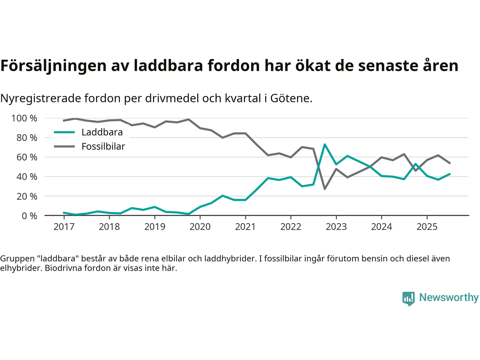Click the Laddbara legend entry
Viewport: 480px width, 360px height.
tap(102, 132)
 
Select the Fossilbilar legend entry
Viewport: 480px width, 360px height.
tap(103, 147)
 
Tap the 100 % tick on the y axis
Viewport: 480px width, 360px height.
tap(24, 118)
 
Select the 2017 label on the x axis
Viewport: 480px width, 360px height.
tap(64, 227)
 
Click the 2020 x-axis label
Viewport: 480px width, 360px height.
tap(200, 227)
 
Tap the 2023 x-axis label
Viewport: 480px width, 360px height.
tap(336, 227)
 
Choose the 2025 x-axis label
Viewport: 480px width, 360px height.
tap(427, 227)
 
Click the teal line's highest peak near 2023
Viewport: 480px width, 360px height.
tap(325, 144)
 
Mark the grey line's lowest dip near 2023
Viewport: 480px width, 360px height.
tap(325, 189)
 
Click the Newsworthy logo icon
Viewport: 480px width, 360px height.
tap(408, 298)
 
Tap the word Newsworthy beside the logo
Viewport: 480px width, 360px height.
tap(448, 298)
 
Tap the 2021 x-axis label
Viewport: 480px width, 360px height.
tap(245, 227)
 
